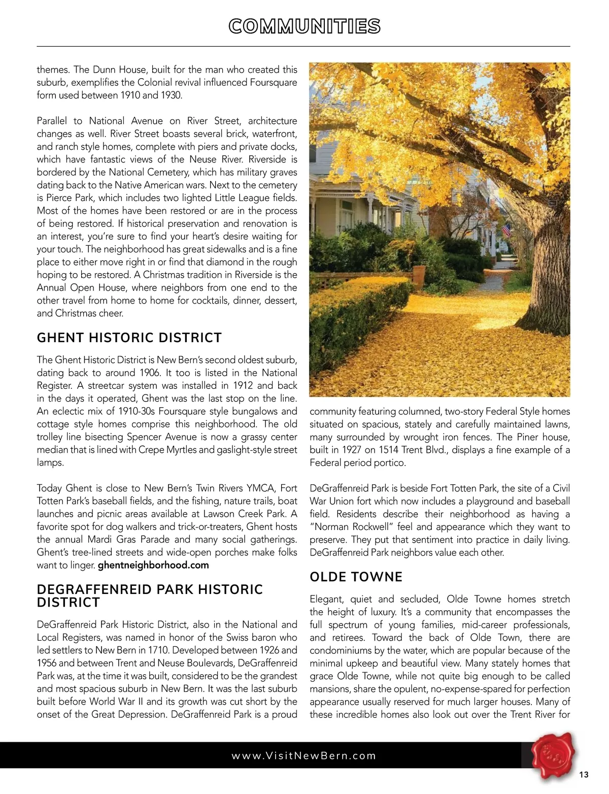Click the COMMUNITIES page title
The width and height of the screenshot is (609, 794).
(x=304, y=26)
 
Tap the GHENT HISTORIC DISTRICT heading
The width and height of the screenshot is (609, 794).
(x=129, y=338)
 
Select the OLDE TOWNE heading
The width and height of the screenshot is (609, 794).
(x=356, y=577)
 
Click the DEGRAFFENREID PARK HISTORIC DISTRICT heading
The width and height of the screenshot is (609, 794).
(x=150, y=595)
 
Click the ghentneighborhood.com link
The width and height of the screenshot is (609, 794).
(x=153, y=565)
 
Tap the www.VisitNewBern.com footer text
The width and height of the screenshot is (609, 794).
(x=303, y=755)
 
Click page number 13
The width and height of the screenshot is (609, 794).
(x=584, y=775)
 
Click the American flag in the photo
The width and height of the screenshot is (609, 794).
(x=505, y=231)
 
